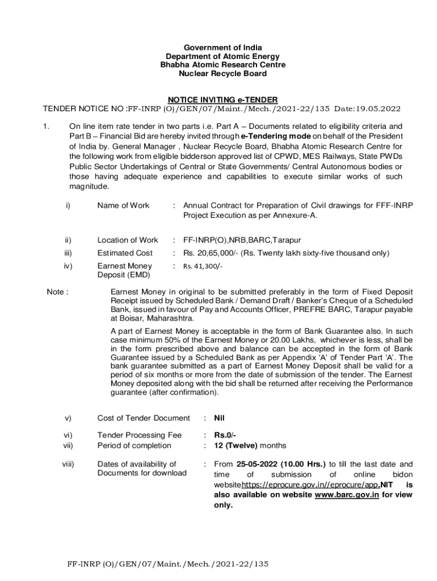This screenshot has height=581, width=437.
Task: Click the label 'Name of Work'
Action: [123, 205]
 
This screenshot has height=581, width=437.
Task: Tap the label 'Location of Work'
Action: [128, 240]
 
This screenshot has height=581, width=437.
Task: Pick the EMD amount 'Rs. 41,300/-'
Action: [203, 266]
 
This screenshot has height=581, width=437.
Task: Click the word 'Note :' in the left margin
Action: [58, 292]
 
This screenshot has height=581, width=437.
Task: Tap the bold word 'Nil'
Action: [220, 418]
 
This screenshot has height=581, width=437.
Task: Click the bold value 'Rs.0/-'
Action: [225, 435]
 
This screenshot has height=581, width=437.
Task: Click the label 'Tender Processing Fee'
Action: [140, 435]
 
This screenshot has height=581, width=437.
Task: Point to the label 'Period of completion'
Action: [135, 445]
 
